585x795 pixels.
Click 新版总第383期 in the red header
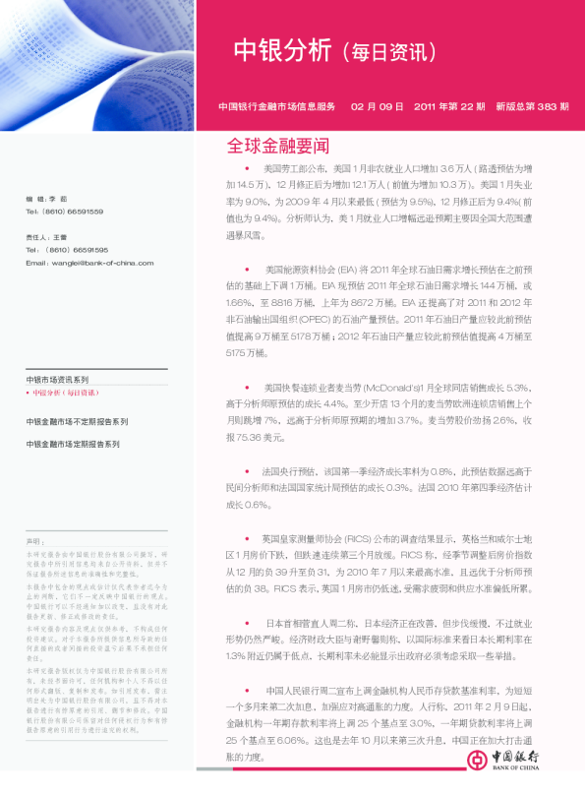(532, 105)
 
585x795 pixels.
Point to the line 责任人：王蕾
(46, 237)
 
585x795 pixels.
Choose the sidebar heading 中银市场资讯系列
(57, 379)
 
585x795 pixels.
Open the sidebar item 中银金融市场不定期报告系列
(77, 421)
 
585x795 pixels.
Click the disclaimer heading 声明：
(35, 542)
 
